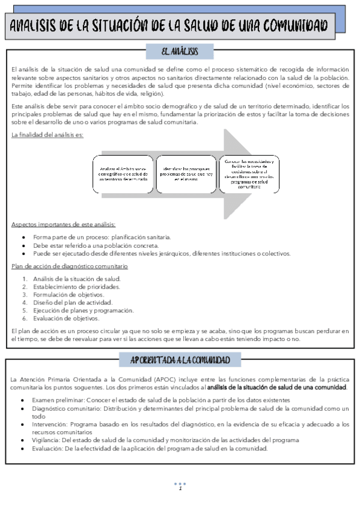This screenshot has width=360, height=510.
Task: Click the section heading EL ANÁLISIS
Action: click(180, 51)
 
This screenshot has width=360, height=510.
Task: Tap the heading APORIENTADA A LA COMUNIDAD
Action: click(180, 360)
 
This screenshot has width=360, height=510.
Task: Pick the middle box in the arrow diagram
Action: click(187, 174)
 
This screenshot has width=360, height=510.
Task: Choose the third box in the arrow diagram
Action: click(249, 174)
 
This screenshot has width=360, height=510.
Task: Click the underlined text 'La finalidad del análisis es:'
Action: click(47, 135)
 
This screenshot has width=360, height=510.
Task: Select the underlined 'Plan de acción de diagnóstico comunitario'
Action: click(69, 266)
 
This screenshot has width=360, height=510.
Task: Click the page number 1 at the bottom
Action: click(180, 488)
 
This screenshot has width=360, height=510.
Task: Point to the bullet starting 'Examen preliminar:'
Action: click(162, 400)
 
